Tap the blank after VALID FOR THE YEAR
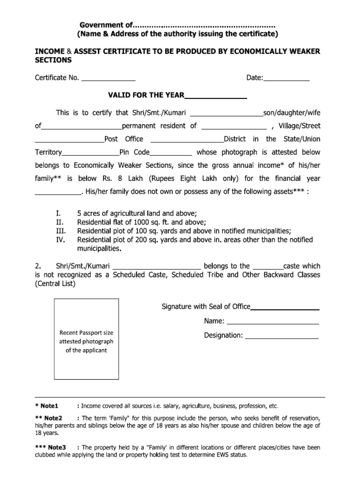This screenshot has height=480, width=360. coord(216,97)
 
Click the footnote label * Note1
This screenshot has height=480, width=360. coord(47,406)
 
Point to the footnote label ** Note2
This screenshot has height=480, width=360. coord(49,418)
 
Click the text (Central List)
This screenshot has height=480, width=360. coord(55,284)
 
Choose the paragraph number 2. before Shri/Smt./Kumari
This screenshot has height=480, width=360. coord(38,266)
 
